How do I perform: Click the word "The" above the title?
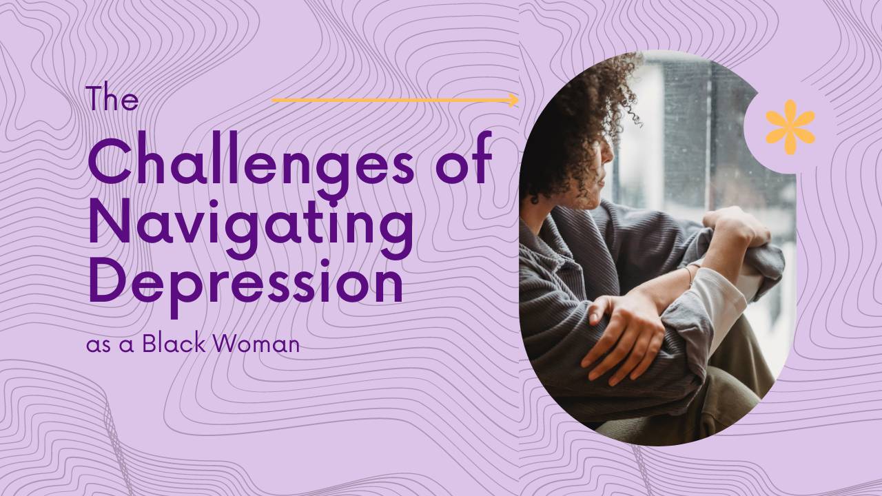click(112, 100)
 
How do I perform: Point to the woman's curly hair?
click(572, 117)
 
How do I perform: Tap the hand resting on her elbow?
click(620, 331)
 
